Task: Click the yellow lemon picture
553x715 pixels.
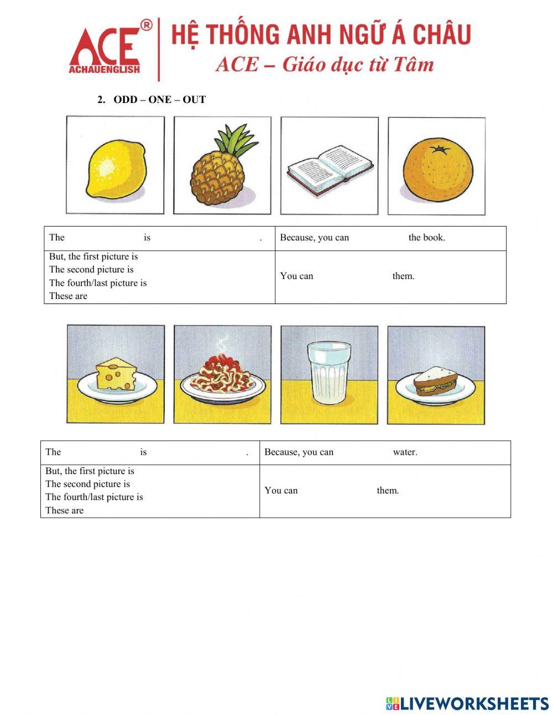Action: tap(115, 168)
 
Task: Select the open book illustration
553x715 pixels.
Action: tap(330, 168)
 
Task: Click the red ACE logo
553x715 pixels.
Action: tap(105, 50)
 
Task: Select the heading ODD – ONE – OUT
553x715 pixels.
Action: tap(159, 100)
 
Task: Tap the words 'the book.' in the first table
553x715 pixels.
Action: tap(426, 238)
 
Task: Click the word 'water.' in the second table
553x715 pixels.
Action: tap(405, 452)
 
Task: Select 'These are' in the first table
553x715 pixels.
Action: tap(68, 296)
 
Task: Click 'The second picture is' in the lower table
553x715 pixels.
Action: tap(87, 483)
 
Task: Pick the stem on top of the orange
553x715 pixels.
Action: tap(440, 149)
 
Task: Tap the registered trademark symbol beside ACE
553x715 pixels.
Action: tap(146, 25)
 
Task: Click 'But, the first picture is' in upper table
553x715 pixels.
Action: tap(93, 256)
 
